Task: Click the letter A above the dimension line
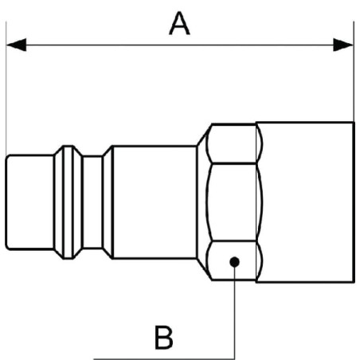[179, 23]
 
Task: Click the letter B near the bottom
[163, 337]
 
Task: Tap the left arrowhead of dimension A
[16, 45]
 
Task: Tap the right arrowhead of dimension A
[343, 45]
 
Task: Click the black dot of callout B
[234, 262]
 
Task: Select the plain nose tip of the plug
[29, 202]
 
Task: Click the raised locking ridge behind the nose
[68, 202]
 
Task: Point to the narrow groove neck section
[92, 202]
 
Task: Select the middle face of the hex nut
[233, 202]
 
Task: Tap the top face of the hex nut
[234, 143]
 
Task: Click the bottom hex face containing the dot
[234, 260]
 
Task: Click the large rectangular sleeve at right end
[305, 202]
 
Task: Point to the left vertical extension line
[6, 88]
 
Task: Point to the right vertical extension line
[354, 72]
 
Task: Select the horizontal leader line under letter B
[164, 359]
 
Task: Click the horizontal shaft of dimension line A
[180, 45]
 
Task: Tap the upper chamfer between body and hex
[205, 135]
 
